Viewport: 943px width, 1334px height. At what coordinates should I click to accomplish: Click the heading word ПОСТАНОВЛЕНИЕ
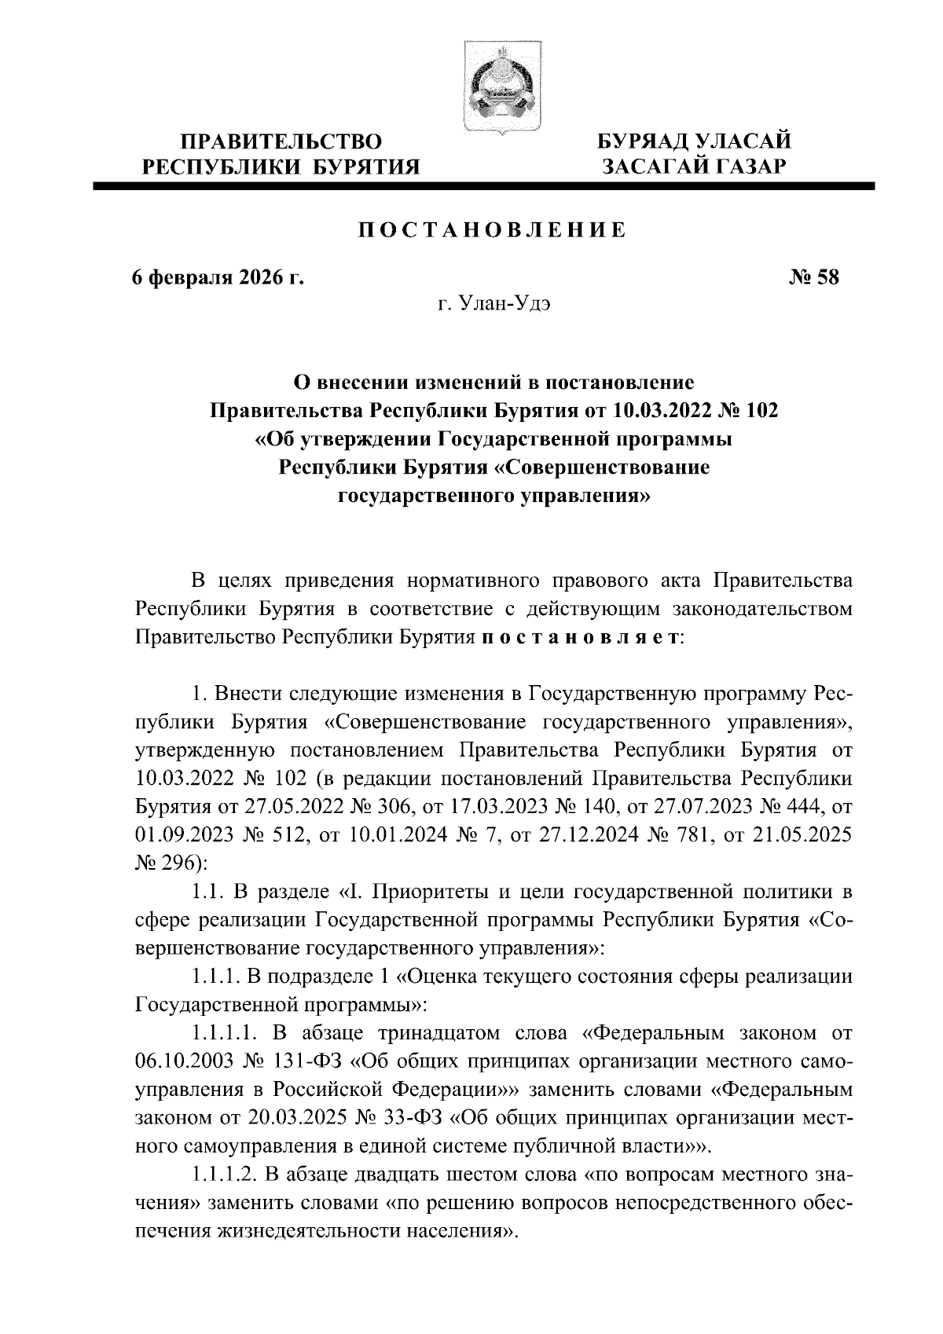coord(493,230)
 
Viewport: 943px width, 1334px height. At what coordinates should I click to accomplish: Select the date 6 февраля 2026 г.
coord(217,278)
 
